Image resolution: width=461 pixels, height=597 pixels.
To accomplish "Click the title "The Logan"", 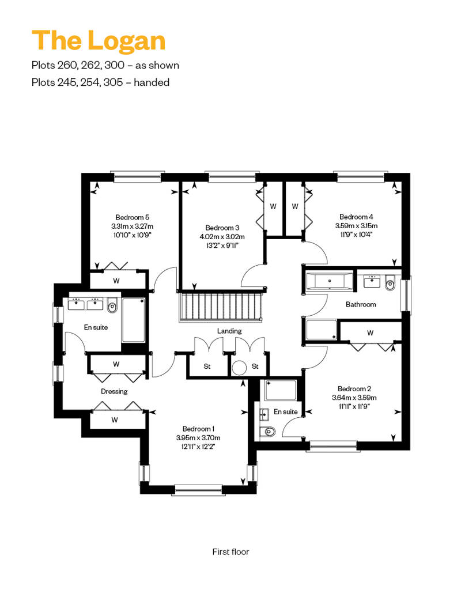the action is pos(99,40).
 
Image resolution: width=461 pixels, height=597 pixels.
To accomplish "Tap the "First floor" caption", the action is pos(231,551).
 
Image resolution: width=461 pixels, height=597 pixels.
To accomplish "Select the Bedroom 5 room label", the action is pos(133,217).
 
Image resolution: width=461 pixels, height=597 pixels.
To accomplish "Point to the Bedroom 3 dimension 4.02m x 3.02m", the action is pos(222,236).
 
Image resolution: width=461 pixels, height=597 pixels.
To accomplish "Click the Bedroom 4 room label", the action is pos(356,217).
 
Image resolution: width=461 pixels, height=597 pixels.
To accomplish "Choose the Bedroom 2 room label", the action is pos(354,389).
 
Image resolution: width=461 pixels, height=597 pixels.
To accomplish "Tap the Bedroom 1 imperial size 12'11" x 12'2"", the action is pos(198,447).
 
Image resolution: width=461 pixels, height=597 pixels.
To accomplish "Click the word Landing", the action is pos(229,331).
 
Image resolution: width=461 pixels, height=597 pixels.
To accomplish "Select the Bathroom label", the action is pos(361,304).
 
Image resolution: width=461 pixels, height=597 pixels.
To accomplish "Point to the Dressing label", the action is pos(114,391).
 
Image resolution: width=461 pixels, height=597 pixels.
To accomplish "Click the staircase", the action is pos(221,307).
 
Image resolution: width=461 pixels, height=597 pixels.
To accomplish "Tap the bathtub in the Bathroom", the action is pos(330,281).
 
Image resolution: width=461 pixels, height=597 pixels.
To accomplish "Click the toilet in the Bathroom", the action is pos(390,282).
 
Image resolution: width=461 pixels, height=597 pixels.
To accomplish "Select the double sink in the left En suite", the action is pos(85,304).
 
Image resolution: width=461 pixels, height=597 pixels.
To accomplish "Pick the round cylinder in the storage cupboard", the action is pos(240,368).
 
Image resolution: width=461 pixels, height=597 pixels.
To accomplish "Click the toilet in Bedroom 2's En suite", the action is pos(268,432).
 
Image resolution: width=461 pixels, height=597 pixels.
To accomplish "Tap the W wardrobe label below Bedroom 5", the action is pos(116,281).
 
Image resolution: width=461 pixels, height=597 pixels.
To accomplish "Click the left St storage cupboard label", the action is pos(207,366).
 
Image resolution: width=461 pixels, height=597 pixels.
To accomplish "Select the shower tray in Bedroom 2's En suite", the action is pos(281,390).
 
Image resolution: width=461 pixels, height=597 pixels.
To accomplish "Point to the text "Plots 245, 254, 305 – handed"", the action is pos(100,82).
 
